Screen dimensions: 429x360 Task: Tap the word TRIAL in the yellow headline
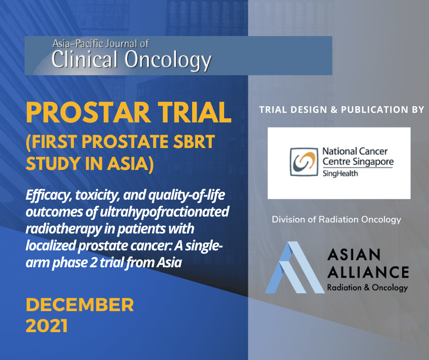[194, 112]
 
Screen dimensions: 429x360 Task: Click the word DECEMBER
[79, 305]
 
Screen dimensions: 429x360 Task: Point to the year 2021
[47, 326]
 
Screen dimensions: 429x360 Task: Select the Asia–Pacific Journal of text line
[101, 44]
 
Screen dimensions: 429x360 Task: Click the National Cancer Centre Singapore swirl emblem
[304, 162]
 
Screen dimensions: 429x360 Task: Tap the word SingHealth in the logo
[340, 174]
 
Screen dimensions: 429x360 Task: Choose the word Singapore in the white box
[373, 162]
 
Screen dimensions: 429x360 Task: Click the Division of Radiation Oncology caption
[336, 220]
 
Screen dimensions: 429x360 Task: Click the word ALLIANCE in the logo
[368, 272]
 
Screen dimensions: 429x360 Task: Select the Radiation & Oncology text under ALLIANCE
[367, 288]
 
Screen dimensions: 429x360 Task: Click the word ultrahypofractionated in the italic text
[164, 212]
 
